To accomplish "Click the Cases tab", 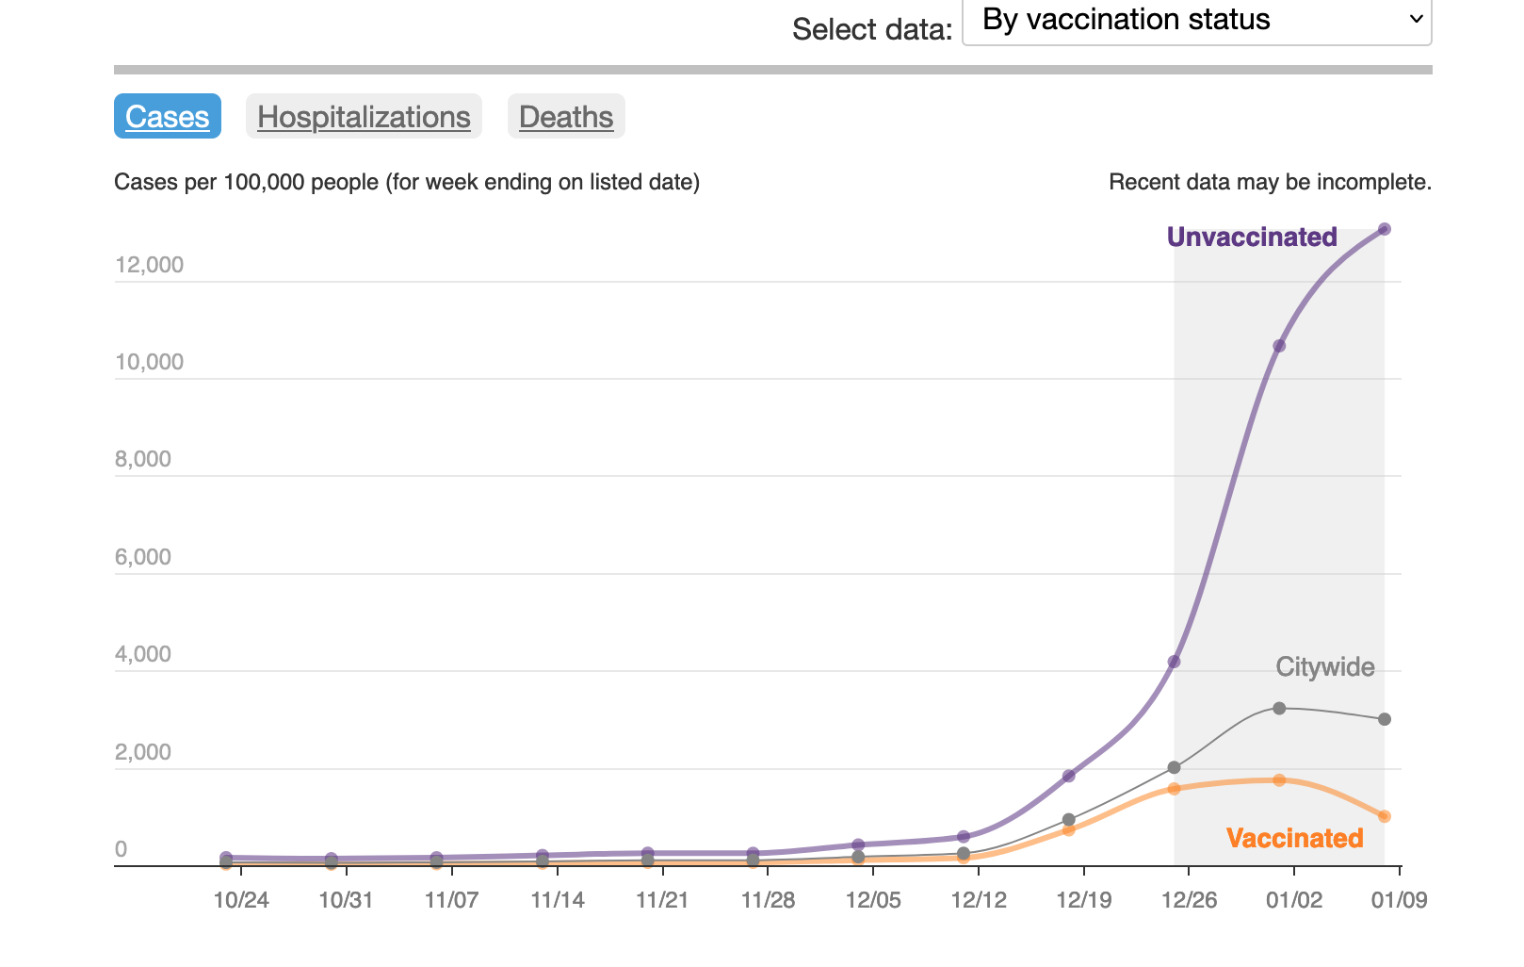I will [167, 117].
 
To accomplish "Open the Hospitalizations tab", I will [364, 117].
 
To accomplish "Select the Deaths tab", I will [566, 117].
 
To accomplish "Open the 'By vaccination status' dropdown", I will [1196, 21].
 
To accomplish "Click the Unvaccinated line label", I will [1252, 237].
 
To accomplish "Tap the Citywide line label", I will [1324, 667].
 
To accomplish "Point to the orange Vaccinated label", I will [1294, 838].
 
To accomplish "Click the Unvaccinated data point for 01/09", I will [1385, 229].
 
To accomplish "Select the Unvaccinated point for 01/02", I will [1279, 346].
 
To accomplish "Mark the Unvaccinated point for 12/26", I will [1174, 662].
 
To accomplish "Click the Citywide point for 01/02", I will [1279, 708].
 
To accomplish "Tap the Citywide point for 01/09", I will [1385, 719].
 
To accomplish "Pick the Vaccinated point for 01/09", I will [1385, 816].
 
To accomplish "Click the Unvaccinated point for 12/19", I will [1069, 776].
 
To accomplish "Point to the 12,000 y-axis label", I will [150, 265].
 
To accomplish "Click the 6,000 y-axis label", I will [143, 557].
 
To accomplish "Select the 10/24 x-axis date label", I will [241, 900].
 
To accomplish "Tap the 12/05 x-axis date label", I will [873, 900].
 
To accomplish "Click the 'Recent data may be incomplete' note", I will [1270, 182].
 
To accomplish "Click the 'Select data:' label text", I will [872, 29].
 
